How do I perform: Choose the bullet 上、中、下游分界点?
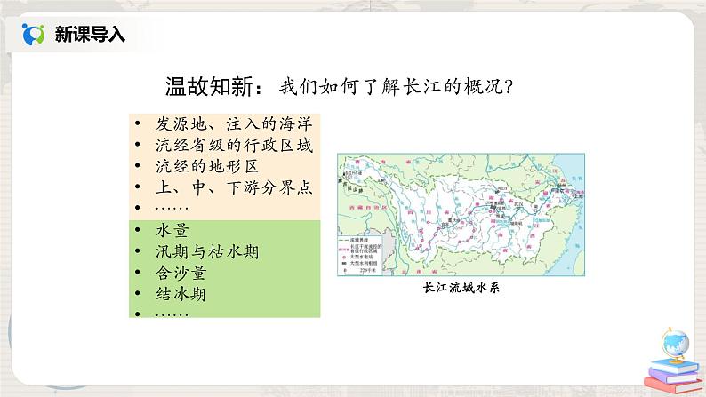tap(225, 187)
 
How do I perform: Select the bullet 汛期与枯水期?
tap(205, 251)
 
